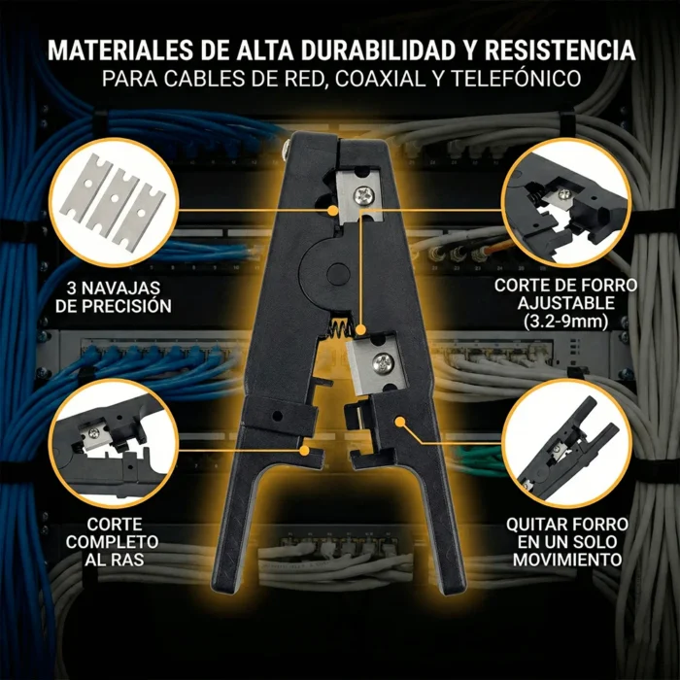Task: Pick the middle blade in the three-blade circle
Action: (x=114, y=205)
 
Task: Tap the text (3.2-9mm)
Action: (x=565, y=320)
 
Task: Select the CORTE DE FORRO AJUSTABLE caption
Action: (x=565, y=294)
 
